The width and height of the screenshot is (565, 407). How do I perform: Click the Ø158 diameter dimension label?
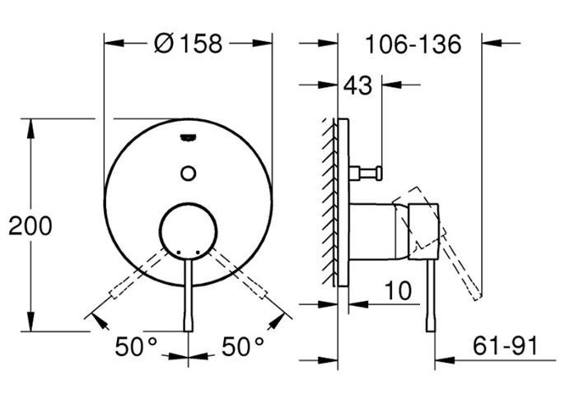[188, 44]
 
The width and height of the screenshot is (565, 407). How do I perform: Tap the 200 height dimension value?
[30, 226]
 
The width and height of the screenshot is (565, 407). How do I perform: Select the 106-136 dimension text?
[413, 44]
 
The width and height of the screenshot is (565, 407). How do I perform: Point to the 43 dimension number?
[357, 86]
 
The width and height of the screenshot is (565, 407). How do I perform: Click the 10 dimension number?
[398, 290]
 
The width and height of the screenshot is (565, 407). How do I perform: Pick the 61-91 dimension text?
[505, 345]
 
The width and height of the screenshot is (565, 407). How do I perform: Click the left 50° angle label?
[136, 346]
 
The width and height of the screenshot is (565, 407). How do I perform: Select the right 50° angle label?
[242, 346]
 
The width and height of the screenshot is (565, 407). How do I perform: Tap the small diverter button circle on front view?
[188, 173]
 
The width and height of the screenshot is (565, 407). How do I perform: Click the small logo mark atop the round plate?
[188, 136]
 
